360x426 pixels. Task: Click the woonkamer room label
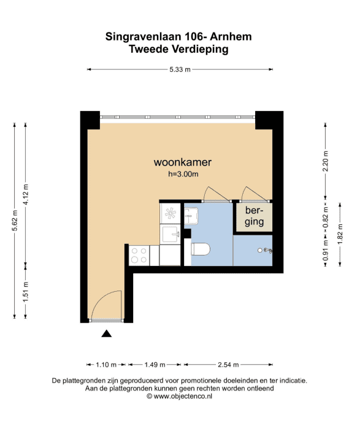tap(182, 162)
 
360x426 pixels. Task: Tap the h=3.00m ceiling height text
tap(183, 174)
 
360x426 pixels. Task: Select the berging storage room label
tap(255, 216)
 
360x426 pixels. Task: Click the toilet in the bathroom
tap(201, 249)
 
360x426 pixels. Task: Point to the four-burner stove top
tap(139, 256)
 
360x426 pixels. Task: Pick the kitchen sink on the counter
tap(170, 234)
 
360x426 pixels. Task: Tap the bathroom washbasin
tap(191, 216)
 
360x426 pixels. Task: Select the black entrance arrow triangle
tap(106, 333)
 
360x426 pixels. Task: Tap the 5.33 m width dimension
tap(180, 69)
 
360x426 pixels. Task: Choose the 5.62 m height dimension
tap(15, 221)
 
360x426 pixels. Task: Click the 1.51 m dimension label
tap(26, 292)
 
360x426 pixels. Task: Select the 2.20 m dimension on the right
tap(326, 161)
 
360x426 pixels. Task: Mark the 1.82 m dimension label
tap(340, 234)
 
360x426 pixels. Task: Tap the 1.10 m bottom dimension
tap(106, 365)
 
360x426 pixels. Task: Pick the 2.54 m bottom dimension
tap(228, 365)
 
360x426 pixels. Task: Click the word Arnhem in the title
tap(231, 36)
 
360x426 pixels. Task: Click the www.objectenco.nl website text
tap(183, 396)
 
